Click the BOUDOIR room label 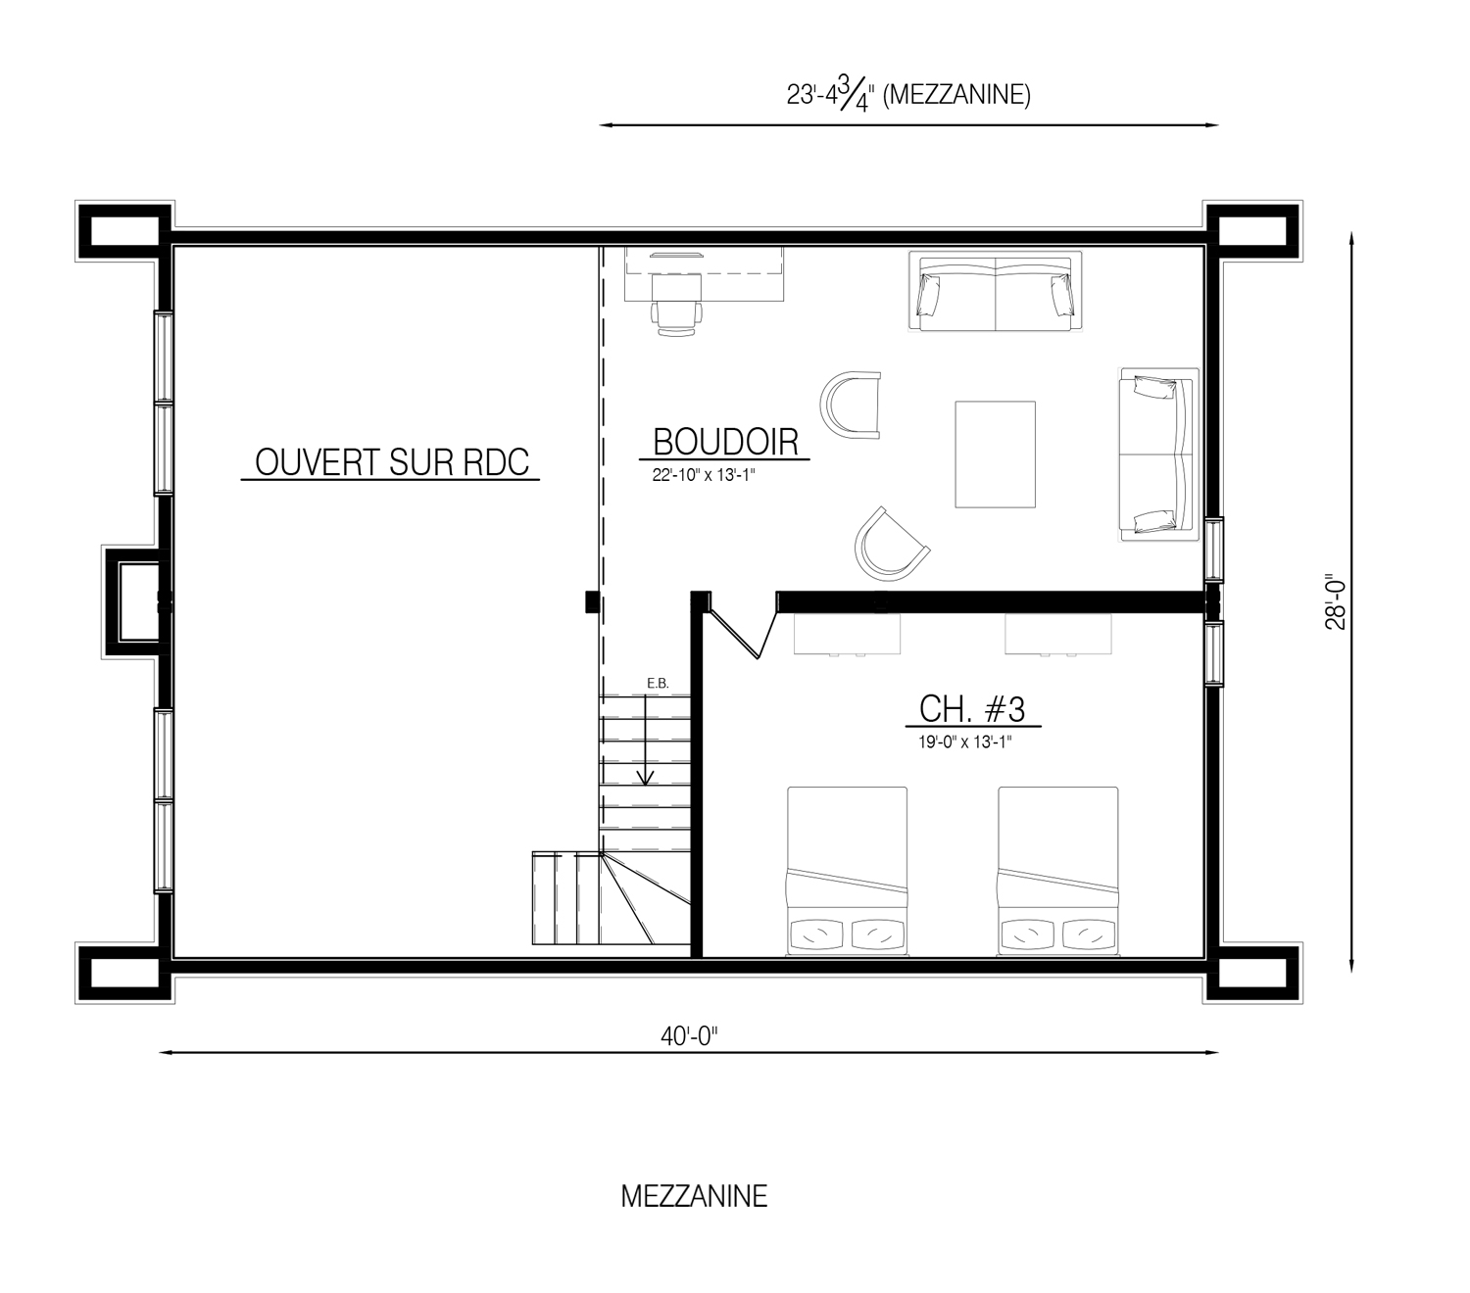[725, 442]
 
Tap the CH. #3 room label [971, 708]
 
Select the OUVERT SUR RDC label [392, 462]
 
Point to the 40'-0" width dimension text [689, 1037]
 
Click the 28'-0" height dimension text [1336, 604]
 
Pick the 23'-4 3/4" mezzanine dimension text [908, 95]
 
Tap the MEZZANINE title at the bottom [694, 1197]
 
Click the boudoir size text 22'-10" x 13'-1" [704, 476]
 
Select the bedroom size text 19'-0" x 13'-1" [964, 742]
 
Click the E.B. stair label [658, 684]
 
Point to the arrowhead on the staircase [645, 778]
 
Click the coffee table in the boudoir [995, 454]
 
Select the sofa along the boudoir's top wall [995, 291]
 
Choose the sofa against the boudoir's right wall [1158, 455]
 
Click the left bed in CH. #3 [847, 871]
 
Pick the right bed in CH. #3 [1057, 871]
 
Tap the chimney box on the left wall [135, 602]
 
